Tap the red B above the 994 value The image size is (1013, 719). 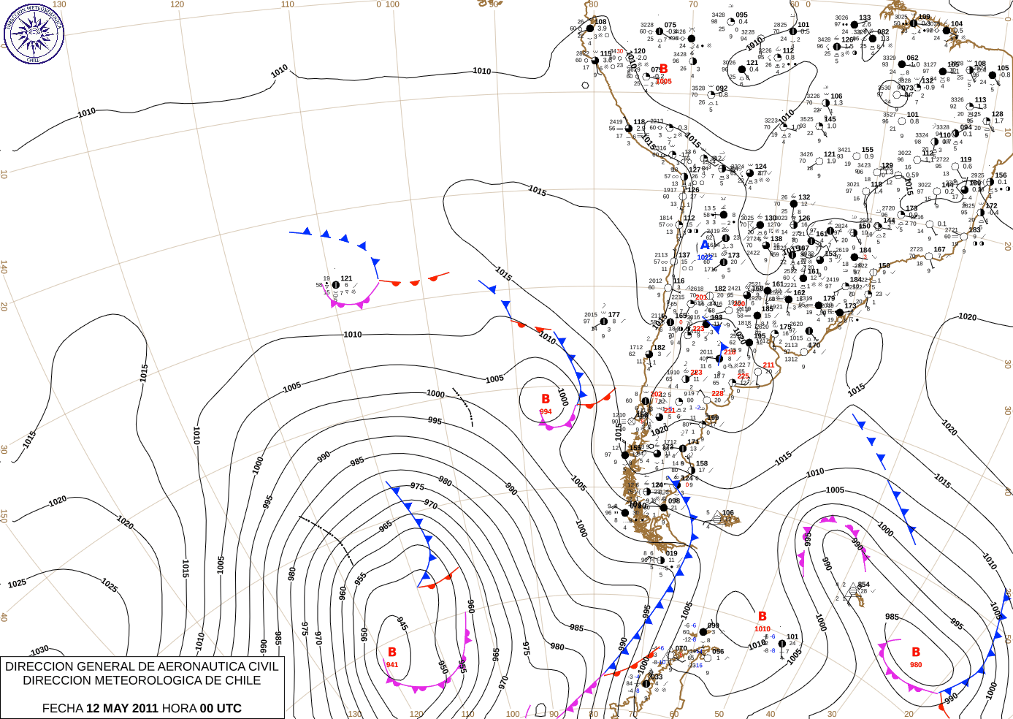(x=546, y=399)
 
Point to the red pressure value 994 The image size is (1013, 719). (x=546, y=412)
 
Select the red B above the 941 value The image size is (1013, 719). (x=392, y=652)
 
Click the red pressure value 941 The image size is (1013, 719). (x=392, y=665)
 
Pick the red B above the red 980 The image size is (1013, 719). (x=916, y=652)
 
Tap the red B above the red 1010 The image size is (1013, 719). (x=762, y=617)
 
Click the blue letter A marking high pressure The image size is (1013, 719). (x=705, y=246)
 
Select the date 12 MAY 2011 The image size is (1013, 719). (x=122, y=708)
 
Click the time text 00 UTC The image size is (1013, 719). (x=221, y=708)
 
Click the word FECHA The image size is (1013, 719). (x=62, y=708)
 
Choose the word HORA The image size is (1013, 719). (x=180, y=708)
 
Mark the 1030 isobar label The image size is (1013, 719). (x=39, y=650)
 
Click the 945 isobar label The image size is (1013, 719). (x=402, y=623)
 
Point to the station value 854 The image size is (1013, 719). (x=864, y=585)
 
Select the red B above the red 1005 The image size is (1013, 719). (x=663, y=69)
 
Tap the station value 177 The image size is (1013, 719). (x=613, y=315)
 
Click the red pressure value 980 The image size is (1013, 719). (x=916, y=665)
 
